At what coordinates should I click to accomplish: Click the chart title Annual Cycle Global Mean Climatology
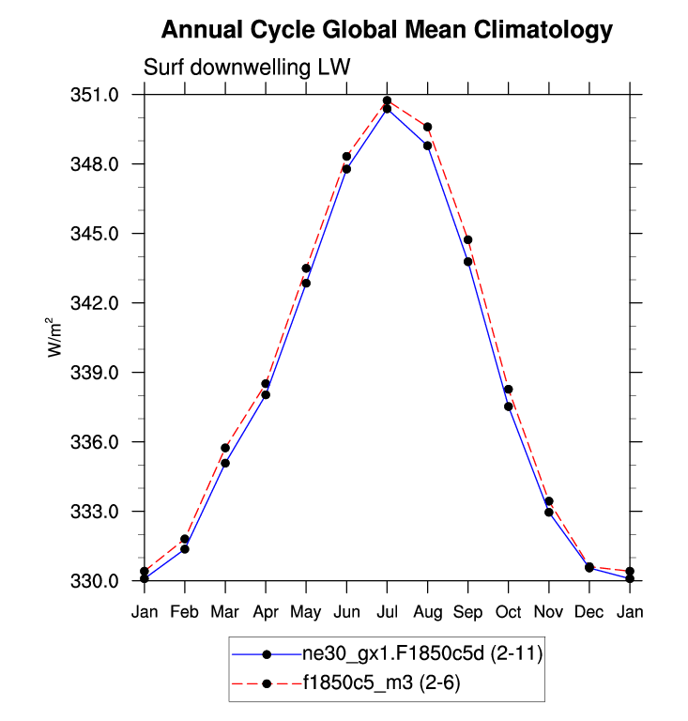[387, 30]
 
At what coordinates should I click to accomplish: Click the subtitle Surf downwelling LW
[246, 68]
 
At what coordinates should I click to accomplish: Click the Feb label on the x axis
[185, 613]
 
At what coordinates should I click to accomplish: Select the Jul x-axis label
[387, 613]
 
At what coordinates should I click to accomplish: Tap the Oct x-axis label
[508, 613]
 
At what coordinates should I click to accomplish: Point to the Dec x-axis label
[589, 613]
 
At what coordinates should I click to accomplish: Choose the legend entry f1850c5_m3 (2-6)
[381, 683]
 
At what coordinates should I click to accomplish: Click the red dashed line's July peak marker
[387, 100]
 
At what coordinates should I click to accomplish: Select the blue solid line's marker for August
[427, 146]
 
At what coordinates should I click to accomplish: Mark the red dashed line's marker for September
[467, 240]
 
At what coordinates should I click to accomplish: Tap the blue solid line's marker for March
[225, 463]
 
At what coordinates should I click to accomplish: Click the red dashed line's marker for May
[306, 268]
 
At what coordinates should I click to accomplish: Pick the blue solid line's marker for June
[346, 169]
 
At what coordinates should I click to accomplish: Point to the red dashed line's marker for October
[508, 390]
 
